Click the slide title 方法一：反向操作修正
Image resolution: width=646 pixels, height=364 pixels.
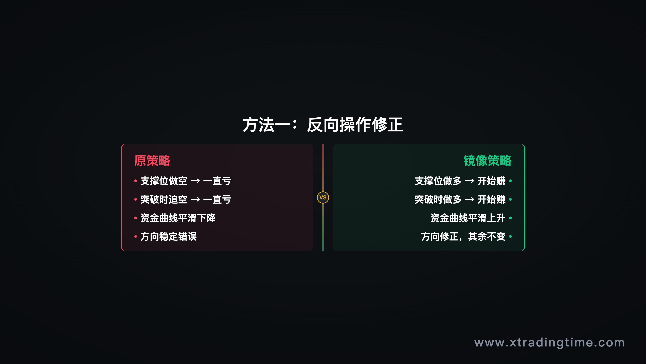tap(323, 125)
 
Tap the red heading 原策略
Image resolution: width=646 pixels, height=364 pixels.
tap(152, 161)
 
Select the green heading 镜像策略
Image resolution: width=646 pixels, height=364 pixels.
tap(487, 161)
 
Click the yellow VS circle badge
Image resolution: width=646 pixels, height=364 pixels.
tap(323, 198)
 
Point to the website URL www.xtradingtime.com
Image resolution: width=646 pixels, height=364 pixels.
tap(549, 343)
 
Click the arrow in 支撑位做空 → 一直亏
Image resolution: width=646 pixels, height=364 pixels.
tap(195, 181)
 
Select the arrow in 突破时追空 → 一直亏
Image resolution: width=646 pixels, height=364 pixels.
tap(195, 200)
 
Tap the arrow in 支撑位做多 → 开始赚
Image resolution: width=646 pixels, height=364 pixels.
tap(470, 181)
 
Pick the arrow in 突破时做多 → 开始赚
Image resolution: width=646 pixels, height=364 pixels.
tap(470, 200)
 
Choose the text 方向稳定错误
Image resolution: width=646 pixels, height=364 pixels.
tap(169, 237)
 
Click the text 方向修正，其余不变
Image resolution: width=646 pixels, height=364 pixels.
tap(463, 237)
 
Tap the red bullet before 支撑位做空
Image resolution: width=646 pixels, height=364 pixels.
tap(135, 181)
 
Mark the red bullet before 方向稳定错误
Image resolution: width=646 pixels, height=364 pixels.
tap(135, 237)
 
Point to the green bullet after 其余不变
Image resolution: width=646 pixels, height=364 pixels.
tap(510, 237)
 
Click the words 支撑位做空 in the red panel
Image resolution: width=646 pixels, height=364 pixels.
tap(164, 181)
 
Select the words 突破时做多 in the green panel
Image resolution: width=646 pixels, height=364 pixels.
tap(438, 200)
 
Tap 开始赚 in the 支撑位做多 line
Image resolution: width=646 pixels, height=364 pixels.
tap(492, 181)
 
